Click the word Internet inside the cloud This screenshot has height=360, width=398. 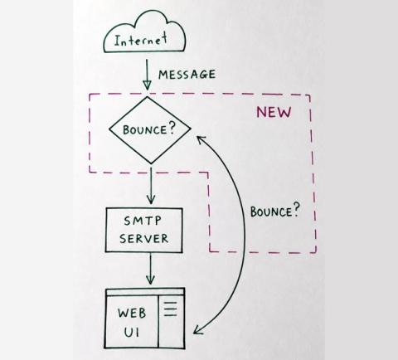pyautogui.click(x=141, y=41)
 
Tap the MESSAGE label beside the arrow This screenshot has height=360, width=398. pyautogui.click(x=187, y=75)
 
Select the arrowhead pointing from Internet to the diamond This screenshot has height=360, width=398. pyautogui.click(x=147, y=85)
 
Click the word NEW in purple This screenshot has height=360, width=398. pyautogui.click(x=274, y=112)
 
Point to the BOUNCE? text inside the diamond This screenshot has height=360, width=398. pyautogui.click(x=149, y=129)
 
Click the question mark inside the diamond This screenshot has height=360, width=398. pyautogui.click(x=172, y=129)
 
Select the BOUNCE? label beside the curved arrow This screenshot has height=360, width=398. pyautogui.click(x=274, y=211)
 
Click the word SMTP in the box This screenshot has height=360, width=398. pyautogui.click(x=143, y=221)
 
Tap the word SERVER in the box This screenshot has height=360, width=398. pyautogui.click(x=143, y=238)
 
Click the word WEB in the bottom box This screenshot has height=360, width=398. pyautogui.click(x=132, y=314)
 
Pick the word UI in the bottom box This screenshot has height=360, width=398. pyautogui.click(x=132, y=333)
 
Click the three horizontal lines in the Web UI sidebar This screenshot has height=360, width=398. pyautogui.click(x=171, y=309)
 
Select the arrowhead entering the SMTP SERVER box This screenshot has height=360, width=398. pyautogui.click(x=151, y=200)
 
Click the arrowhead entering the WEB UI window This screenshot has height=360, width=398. pyautogui.click(x=150, y=280)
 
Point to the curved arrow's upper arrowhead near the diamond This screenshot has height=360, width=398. pyautogui.click(x=201, y=139)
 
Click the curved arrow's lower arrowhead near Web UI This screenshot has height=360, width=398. pyautogui.click(x=198, y=330)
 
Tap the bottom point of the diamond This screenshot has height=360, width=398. pyautogui.click(x=151, y=163)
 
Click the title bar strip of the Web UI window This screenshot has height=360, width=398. pyautogui.click(x=145, y=292)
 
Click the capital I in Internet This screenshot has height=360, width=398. pyautogui.click(x=117, y=41)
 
